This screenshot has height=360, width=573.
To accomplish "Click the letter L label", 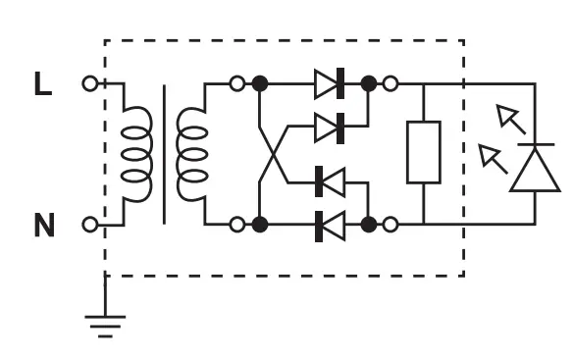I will pos(42,84).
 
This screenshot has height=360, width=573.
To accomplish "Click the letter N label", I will pos(44,226).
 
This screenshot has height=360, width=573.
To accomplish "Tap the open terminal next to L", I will pos(90,84).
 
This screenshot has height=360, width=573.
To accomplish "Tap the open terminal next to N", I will pos(90,225).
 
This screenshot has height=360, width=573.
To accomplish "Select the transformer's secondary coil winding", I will pos(191,154).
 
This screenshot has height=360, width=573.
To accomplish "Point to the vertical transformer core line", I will pos(164,154).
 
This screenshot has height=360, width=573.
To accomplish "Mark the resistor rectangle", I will pos(424,152).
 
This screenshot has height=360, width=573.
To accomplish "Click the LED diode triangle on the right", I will pos(536,168).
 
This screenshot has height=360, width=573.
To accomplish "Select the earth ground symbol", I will pos(105,323).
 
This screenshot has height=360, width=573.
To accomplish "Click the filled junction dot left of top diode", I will pos(260,84).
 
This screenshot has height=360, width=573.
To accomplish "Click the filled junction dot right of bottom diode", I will pos(369,225).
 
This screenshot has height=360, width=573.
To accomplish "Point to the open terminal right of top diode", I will pos(391,84).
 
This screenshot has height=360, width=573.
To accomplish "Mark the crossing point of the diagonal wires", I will pos(272,154).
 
